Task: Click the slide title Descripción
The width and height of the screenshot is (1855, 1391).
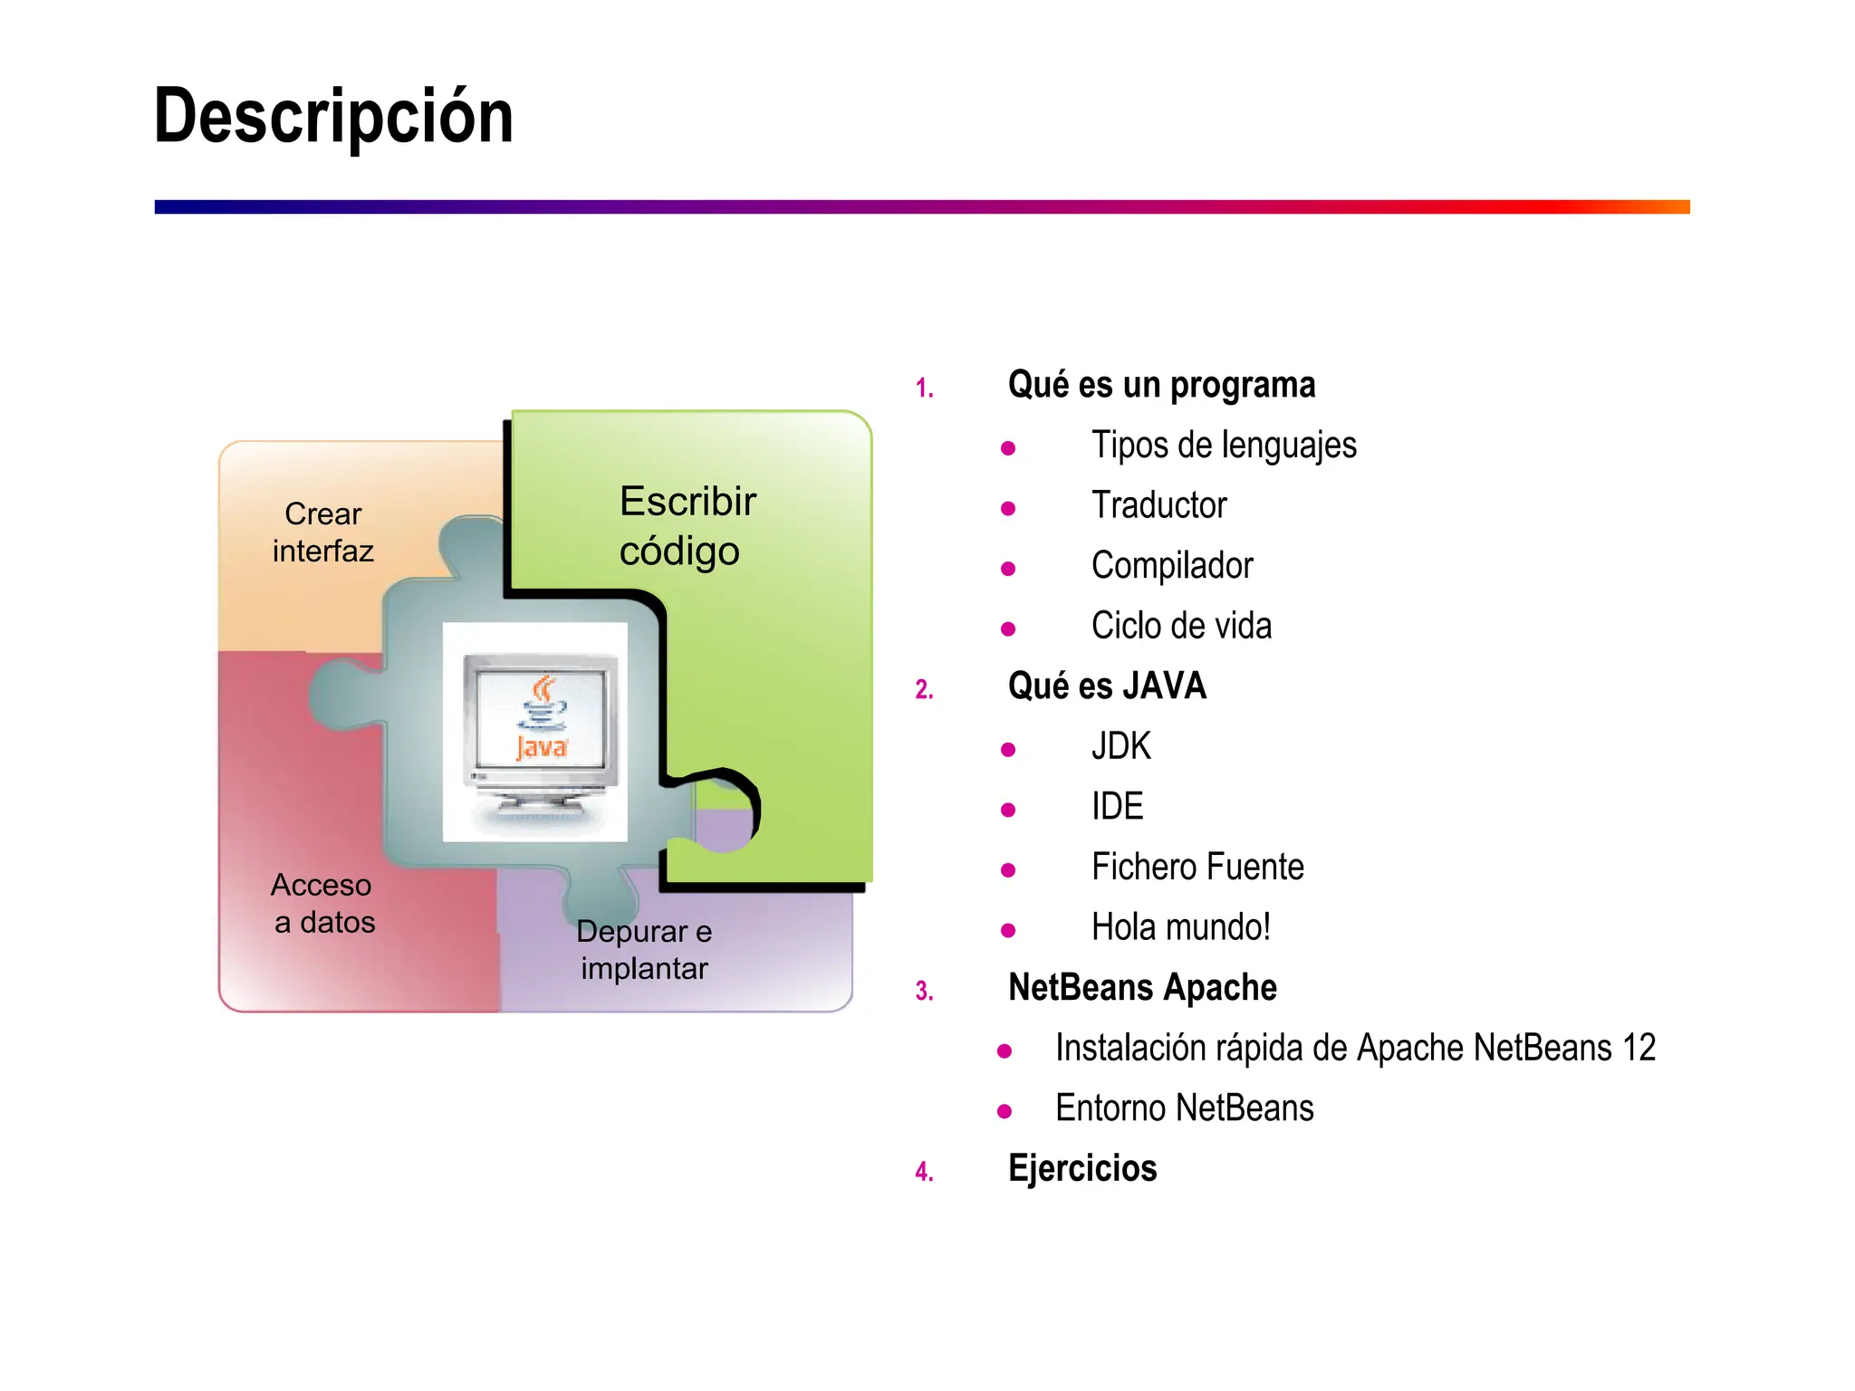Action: click(x=333, y=116)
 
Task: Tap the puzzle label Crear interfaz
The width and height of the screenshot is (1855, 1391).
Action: click(x=322, y=532)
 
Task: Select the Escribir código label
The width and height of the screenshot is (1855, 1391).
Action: click(x=687, y=525)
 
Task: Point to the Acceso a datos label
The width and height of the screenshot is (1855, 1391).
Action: click(x=323, y=903)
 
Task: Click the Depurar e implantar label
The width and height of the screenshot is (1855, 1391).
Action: click(x=644, y=949)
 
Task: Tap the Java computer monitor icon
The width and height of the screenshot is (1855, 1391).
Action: click(x=540, y=732)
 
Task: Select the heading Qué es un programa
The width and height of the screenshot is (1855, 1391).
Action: click(x=1161, y=385)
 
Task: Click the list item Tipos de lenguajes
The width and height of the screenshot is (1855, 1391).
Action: click(x=1224, y=445)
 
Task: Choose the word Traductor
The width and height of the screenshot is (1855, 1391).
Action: click(x=1158, y=505)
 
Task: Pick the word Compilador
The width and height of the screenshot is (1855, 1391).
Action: click(x=1172, y=565)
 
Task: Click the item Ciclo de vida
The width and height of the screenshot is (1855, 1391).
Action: click(x=1181, y=626)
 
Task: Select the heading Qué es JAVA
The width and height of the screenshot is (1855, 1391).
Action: click(x=1107, y=686)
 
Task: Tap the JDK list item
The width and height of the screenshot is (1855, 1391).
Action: click(x=1120, y=746)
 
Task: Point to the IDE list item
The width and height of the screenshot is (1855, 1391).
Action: click(x=1117, y=806)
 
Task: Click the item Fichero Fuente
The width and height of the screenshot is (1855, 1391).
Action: click(x=1197, y=867)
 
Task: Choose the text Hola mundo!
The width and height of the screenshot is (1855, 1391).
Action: click(x=1181, y=927)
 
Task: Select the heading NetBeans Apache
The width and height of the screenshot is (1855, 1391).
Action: click(x=1142, y=987)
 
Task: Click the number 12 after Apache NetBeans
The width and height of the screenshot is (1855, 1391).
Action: click(x=1639, y=1048)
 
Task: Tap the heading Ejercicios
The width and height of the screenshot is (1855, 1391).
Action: click(x=1082, y=1168)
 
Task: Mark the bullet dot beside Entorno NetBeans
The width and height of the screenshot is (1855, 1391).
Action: click(x=1004, y=1111)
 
